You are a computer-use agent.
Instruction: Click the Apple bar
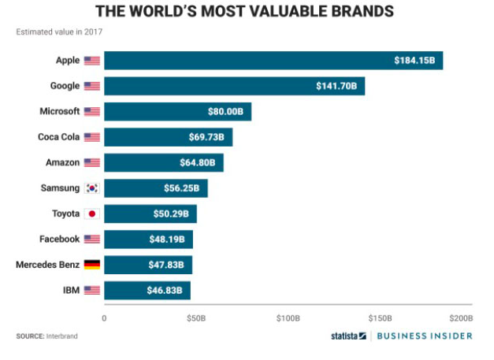point(273,61)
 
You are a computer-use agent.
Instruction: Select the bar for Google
point(234,86)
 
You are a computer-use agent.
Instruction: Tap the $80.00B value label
point(226,112)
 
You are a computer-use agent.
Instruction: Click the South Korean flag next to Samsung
point(92,187)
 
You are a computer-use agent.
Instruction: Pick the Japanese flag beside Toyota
point(92,213)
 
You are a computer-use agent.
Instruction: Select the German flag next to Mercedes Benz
point(92,264)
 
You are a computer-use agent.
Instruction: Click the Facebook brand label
point(59,239)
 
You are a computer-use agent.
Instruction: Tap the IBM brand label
point(69,290)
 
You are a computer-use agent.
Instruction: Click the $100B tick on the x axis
point(288,318)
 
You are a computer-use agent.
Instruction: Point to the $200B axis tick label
point(460,318)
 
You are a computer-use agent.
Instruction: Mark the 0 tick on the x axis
point(104,318)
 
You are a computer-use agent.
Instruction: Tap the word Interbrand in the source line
point(61,336)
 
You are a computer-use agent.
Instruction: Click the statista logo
point(348,336)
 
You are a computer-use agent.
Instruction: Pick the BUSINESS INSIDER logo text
point(424,336)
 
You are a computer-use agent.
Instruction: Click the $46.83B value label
point(169,290)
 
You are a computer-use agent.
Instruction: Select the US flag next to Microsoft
point(92,112)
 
